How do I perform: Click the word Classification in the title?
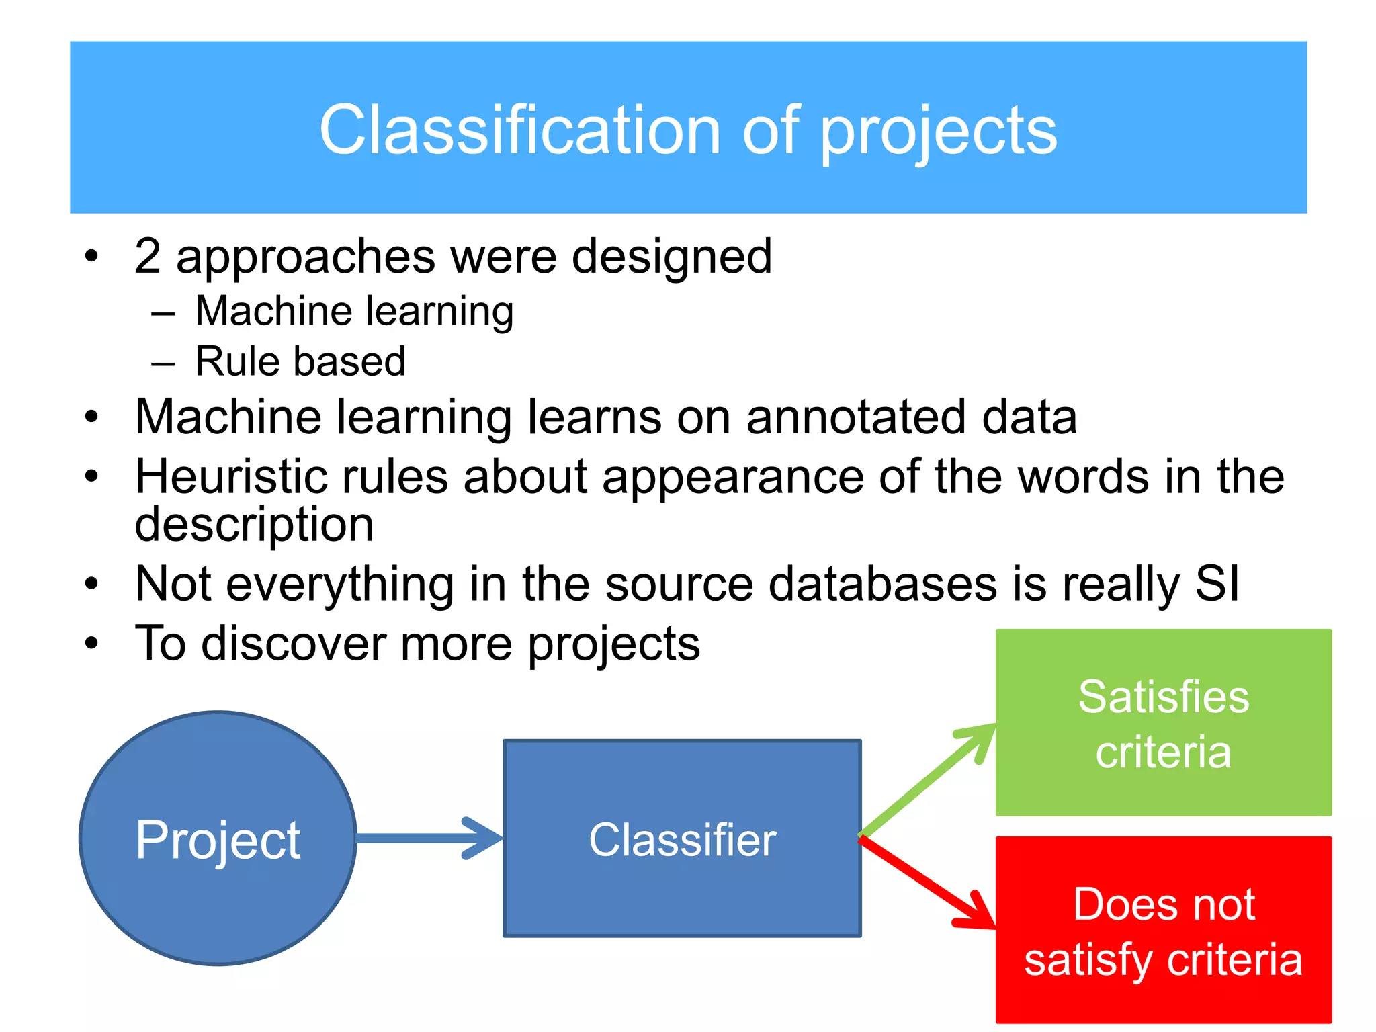[x=520, y=130]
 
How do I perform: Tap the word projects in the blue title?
[x=939, y=133]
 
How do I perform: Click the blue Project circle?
[x=218, y=838]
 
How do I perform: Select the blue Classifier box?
[x=682, y=838]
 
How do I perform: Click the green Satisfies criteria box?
[x=1163, y=722]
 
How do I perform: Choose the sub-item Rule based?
[x=300, y=361]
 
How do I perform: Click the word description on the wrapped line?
[x=254, y=525]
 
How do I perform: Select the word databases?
[x=882, y=583]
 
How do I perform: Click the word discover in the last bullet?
[x=294, y=644]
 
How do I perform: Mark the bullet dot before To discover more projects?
[x=92, y=643]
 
